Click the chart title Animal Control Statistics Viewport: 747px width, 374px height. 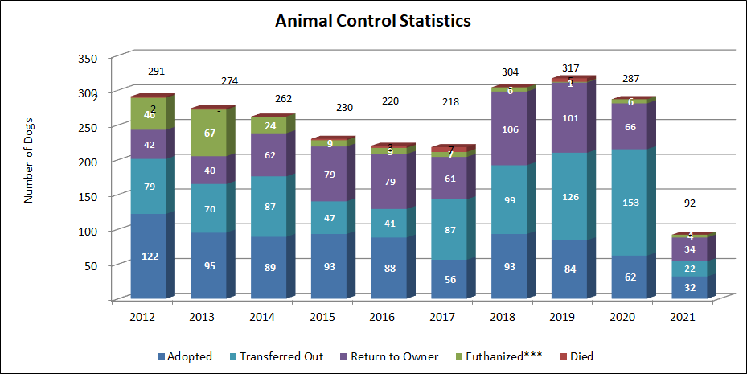coord(372,21)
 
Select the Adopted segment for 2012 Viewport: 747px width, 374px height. coord(148,256)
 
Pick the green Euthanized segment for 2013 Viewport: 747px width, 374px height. coord(207,133)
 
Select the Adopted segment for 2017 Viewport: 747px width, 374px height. coord(449,279)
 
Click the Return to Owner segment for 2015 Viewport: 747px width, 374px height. coord(328,174)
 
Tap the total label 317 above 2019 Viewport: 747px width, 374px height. coord(570,68)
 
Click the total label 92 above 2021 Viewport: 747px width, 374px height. coord(690,203)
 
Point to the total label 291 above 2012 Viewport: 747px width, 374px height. coord(156,72)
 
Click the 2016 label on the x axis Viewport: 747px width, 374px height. coord(382,318)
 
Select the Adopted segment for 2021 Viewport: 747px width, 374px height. coord(690,287)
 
